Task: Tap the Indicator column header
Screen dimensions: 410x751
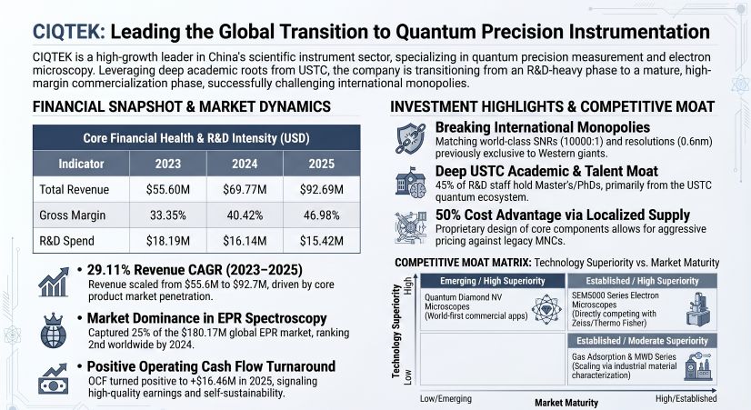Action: (79, 164)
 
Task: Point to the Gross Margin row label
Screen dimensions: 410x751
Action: (72, 216)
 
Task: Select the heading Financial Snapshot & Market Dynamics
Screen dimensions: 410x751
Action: (182, 107)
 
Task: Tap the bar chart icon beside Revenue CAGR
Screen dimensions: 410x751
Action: (55, 283)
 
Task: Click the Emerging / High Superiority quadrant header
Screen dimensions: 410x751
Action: (494, 280)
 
